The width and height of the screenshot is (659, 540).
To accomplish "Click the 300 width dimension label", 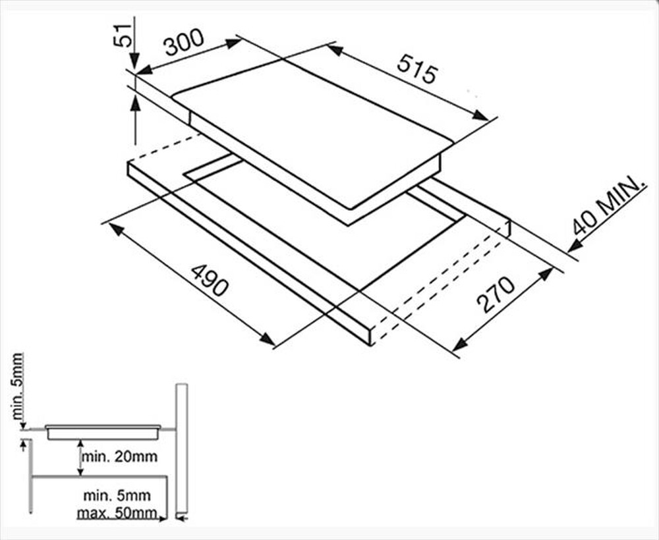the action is [x=184, y=42].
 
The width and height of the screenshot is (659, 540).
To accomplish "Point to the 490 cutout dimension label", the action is [x=210, y=280].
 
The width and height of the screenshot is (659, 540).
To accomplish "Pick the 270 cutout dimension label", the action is [x=496, y=294].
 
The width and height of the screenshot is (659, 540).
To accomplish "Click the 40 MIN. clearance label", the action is [x=608, y=205].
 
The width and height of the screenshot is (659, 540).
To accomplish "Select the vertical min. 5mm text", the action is [x=18, y=387].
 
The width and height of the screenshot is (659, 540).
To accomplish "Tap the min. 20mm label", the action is [x=120, y=456].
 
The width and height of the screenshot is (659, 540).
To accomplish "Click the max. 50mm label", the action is [x=117, y=513].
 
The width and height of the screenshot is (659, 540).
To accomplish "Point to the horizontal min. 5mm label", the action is [x=117, y=495].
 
